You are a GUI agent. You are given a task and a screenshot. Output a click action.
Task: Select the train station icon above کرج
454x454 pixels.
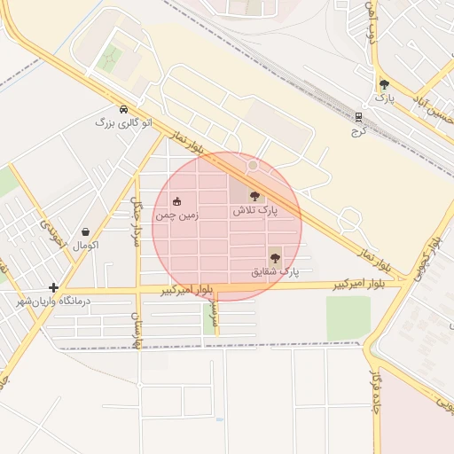click(x=358, y=116)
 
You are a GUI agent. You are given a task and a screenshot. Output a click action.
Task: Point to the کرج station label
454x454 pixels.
click(x=358, y=129)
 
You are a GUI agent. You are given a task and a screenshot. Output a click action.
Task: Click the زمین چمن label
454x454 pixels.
click(x=176, y=215)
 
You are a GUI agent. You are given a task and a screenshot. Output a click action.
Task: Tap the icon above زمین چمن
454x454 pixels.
click(x=177, y=201)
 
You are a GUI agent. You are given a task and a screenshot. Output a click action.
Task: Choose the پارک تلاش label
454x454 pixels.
click(x=255, y=211)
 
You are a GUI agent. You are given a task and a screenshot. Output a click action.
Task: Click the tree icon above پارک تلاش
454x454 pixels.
click(x=256, y=196)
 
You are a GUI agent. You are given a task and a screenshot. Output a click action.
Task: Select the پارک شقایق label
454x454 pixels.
click(x=276, y=271)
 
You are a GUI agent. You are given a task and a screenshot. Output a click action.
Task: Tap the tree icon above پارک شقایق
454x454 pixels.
click(x=274, y=258)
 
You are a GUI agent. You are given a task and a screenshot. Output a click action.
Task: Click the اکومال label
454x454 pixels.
click(x=84, y=244)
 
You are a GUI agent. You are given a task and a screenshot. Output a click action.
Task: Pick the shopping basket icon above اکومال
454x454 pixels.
click(x=85, y=231)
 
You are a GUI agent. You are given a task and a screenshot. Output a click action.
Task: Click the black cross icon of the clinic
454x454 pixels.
click(x=54, y=287)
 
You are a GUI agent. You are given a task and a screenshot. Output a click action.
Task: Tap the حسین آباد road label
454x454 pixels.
click(x=431, y=110)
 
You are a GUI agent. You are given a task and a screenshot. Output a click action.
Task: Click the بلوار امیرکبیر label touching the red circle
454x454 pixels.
click(x=189, y=290)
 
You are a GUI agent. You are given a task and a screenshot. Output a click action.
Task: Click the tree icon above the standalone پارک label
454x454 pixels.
click(x=384, y=85)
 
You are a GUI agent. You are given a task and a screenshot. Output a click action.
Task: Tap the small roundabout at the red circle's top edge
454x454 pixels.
click(x=253, y=165)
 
